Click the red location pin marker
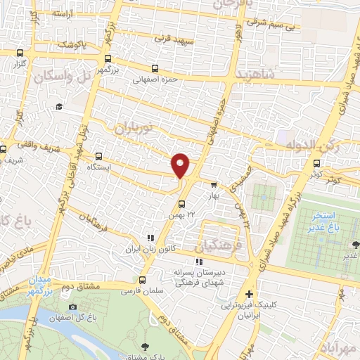(181, 165)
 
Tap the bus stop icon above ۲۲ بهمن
(181, 205)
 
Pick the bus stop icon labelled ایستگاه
(98, 156)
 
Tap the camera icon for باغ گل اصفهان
(72, 307)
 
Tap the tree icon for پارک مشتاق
(146, 346)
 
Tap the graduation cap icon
(59, 106)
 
